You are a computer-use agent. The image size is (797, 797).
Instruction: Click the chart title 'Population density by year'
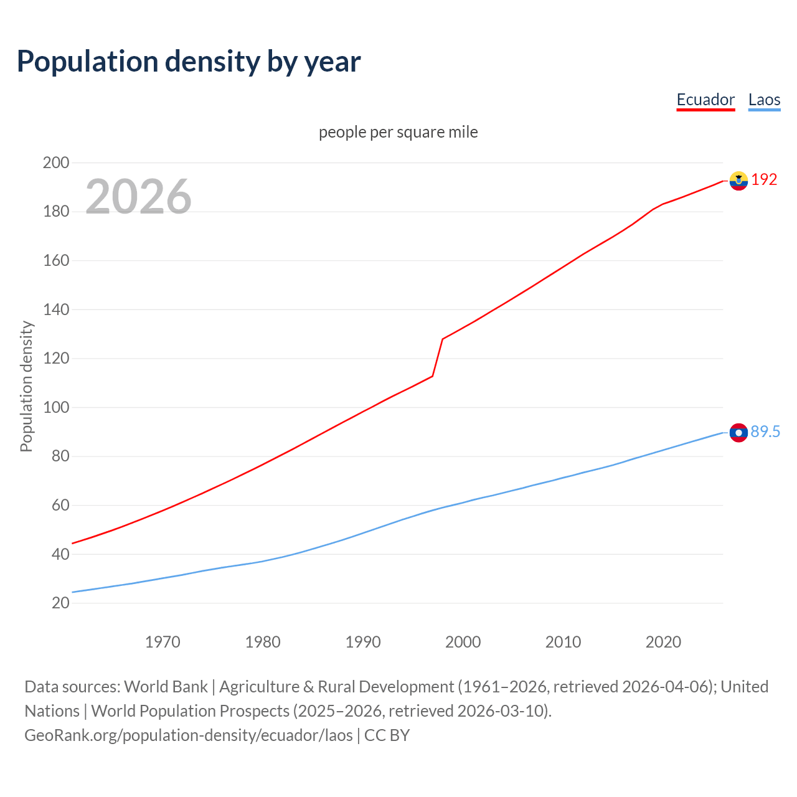click(x=189, y=62)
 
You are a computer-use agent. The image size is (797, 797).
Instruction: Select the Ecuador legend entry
click(x=705, y=100)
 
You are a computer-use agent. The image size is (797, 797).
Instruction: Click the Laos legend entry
click(x=764, y=100)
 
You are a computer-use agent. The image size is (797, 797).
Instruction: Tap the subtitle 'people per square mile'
click(x=398, y=132)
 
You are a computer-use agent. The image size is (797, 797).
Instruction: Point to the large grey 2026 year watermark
click(x=138, y=197)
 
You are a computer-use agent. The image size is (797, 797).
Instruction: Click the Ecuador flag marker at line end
click(x=738, y=181)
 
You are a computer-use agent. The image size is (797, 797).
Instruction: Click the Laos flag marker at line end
click(x=738, y=432)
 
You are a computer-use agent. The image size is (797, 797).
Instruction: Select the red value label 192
click(x=764, y=180)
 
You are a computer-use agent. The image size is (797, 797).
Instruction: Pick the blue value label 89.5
click(x=765, y=432)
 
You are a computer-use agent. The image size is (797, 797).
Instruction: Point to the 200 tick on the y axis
click(x=55, y=163)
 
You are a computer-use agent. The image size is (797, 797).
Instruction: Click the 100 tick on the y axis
click(x=55, y=407)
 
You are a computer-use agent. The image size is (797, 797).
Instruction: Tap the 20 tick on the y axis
click(x=60, y=603)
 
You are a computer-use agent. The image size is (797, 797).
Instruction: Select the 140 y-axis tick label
click(x=55, y=309)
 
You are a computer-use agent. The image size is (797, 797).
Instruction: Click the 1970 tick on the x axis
click(x=163, y=642)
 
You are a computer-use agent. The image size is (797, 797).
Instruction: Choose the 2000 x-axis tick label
click(x=463, y=642)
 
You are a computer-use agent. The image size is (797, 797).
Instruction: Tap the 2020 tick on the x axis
click(x=663, y=642)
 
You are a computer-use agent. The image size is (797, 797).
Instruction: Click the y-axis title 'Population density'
click(x=26, y=386)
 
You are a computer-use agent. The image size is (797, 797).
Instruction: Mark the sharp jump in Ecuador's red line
click(x=438, y=357)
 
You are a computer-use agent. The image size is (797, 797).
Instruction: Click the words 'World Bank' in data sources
click(x=166, y=687)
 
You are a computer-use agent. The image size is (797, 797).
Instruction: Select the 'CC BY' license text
click(x=387, y=735)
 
